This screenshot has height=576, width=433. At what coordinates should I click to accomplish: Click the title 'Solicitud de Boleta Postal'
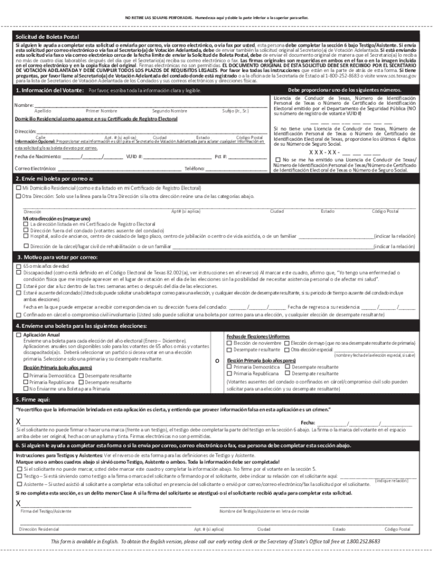point(47,37)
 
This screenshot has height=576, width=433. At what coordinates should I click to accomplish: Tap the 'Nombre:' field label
point(24,105)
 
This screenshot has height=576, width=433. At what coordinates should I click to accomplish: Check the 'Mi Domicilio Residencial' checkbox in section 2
point(19,187)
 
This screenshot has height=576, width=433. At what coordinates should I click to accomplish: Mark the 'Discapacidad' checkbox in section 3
point(19,272)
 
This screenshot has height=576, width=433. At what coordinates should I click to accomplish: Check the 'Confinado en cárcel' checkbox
point(19,315)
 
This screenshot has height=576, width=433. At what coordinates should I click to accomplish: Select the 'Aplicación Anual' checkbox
point(19,335)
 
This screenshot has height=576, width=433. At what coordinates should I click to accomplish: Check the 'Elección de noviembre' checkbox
point(229,343)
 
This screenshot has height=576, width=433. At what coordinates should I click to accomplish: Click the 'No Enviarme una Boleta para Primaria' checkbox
point(26,388)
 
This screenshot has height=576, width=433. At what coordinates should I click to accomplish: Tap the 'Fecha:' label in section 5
point(308,422)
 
